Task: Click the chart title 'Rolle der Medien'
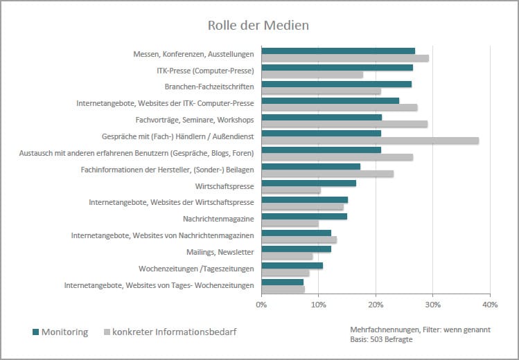coord(258,25)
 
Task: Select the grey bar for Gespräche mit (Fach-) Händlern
coord(370,141)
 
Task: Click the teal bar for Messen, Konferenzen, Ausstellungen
coord(338,51)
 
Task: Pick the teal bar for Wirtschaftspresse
coord(308,183)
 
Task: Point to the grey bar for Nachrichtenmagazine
coord(290,223)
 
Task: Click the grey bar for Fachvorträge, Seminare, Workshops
coord(344,124)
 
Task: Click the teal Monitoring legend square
coord(36,332)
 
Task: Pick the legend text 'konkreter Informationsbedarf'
coord(175,332)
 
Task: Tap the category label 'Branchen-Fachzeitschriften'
coord(209,87)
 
